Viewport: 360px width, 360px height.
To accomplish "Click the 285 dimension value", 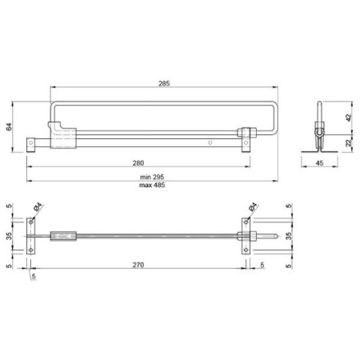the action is click(x=164, y=83).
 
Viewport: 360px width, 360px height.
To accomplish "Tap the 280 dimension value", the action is click(x=138, y=163).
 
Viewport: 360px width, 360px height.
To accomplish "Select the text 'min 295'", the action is click(x=152, y=177).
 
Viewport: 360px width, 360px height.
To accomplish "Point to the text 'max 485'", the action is click(x=152, y=185).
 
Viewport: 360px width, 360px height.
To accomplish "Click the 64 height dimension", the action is click(x=9, y=126).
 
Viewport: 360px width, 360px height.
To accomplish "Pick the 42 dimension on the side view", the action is click(x=349, y=118).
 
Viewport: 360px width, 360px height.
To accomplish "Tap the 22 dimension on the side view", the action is click(x=349, y=143).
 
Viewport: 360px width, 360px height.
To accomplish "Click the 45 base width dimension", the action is click(x=319, y=163).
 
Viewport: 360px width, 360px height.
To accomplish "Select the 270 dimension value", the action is click(x=138, y=265).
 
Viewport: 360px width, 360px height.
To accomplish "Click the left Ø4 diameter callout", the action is click(x=38, y=206).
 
